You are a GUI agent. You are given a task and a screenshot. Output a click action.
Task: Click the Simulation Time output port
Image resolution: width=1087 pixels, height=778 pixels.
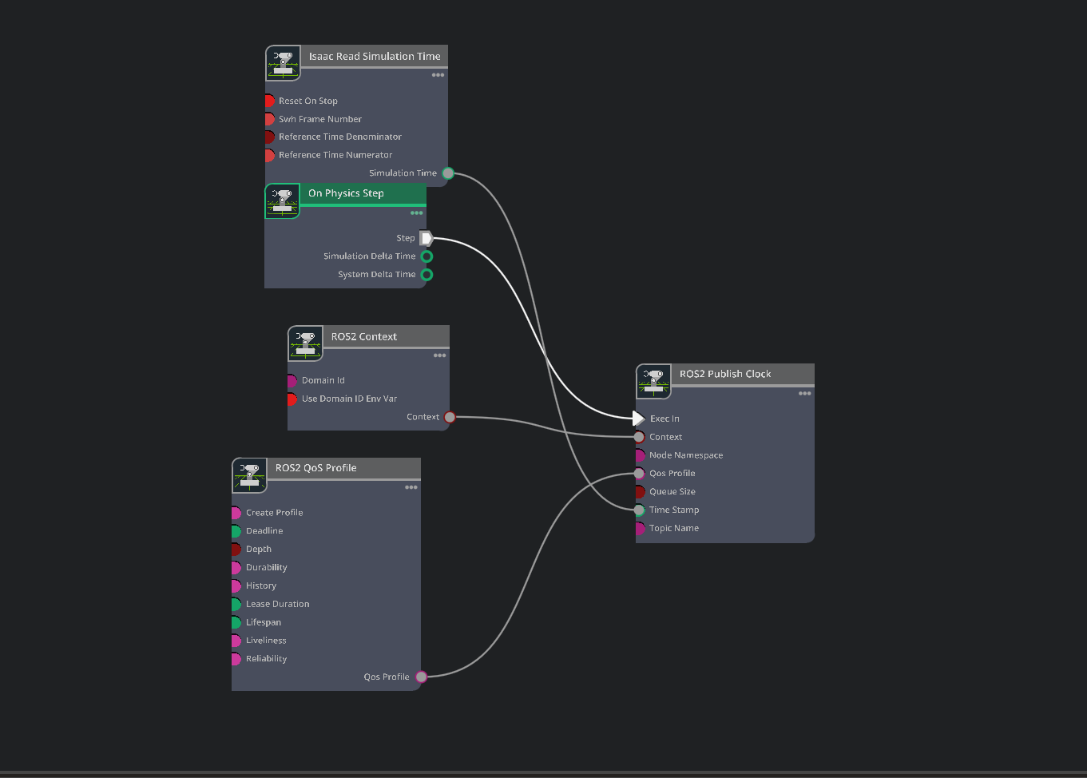(448, 173)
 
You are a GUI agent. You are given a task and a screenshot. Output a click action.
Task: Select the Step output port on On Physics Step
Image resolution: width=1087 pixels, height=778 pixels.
(426, 238)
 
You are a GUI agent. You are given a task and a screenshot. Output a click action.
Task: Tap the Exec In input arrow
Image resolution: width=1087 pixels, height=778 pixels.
(638, 419)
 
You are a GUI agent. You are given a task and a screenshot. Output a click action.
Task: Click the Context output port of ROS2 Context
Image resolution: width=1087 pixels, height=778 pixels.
(450, 417)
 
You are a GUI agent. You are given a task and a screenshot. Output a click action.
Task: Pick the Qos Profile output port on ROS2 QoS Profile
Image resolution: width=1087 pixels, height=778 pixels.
(421, 677)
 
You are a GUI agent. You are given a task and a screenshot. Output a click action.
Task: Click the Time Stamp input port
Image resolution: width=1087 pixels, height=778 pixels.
(639, 510)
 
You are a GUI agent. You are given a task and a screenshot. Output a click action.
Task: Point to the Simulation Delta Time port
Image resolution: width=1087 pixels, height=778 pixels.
(426, 256)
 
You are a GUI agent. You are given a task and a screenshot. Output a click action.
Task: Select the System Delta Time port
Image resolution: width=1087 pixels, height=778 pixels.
(426, 275)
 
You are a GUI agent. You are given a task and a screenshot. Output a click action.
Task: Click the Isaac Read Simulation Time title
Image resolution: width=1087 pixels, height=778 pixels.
(375, 57)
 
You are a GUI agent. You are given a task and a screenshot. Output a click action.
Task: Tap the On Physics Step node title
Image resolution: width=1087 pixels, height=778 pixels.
(346, 193)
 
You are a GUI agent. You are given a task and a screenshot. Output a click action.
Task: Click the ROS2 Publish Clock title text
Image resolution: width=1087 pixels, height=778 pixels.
(725, 374)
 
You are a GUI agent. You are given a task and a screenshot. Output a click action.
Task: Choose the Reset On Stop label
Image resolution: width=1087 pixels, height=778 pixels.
(308, 101)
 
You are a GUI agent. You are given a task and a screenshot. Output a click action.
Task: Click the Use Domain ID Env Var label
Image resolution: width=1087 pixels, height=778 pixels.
(349, 399)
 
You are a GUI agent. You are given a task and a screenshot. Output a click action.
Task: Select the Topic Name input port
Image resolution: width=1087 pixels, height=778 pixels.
(639, 528)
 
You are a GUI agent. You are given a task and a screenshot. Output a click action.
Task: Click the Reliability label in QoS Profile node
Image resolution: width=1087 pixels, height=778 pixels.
(266, 659)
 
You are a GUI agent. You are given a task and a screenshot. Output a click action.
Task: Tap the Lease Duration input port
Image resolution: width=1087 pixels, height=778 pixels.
(236, 604)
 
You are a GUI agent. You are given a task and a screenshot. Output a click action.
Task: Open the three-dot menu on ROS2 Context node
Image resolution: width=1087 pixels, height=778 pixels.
(439, 355)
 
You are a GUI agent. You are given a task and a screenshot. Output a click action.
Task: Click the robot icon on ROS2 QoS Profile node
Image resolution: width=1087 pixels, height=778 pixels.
(249, 475)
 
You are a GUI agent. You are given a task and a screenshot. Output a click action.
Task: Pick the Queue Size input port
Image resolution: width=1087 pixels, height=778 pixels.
(639, 491)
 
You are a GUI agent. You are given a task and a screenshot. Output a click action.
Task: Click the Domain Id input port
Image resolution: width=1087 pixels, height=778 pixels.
(292, 381)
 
